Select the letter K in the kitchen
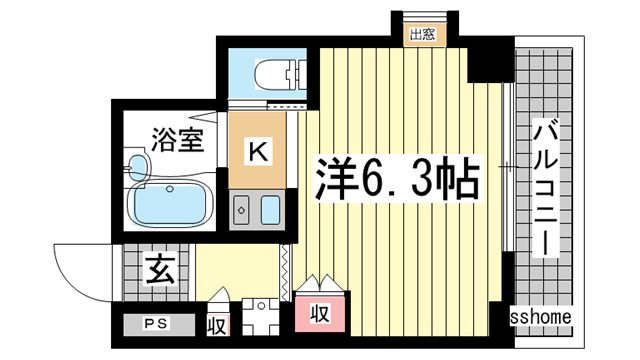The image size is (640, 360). pyautogui.click(x=257, y=152)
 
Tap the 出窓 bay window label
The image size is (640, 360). pyautogui.click(x=422, y=34)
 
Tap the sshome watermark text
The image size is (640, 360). pyautogui.click(x=541, y=317)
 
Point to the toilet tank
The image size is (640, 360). pyautogui.click(x=298, y=75)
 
